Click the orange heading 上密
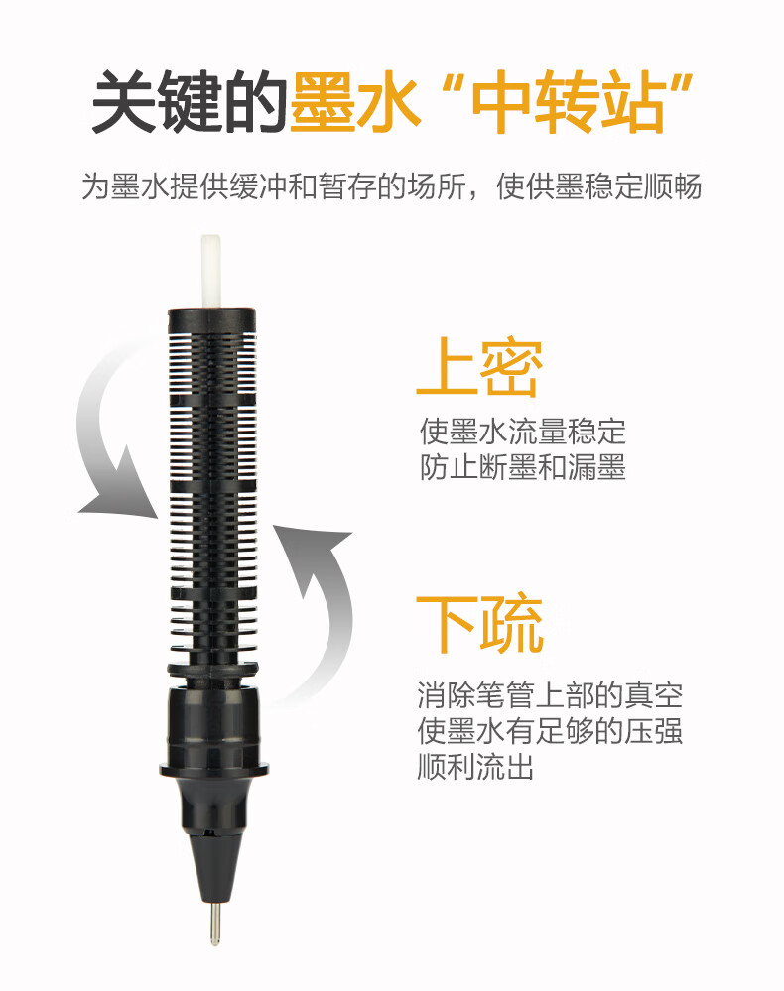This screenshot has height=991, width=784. [479, 367]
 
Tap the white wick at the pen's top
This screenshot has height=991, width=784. [210, 272]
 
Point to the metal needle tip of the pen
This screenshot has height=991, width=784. [215, 923]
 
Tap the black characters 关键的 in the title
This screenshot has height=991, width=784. [190, 101]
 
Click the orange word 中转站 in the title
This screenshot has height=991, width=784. [568, 102]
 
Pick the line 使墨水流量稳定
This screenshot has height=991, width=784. [523, 432]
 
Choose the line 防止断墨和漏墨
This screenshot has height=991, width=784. [523, 467]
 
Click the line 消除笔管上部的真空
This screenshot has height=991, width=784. [550, 695]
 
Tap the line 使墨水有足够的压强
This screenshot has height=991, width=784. [550, 731]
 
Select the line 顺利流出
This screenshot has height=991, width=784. [475, 767]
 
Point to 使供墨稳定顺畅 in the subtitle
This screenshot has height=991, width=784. [598, 186]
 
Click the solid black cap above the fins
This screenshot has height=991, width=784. [211, 319]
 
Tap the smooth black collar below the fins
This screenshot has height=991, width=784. [213, 727]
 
